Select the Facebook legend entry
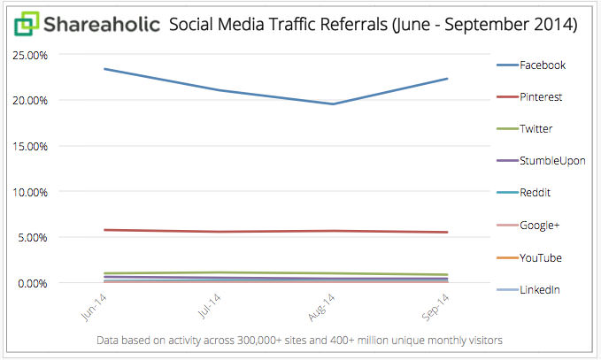tap(542, 65)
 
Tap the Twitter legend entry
tap(536, 129)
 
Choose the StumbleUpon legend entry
tap(551, 161)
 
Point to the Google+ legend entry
tap(540, 226)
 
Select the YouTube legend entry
tap(540, 257)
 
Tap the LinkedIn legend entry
tap(540, 289)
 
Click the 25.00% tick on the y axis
tap(30, 55)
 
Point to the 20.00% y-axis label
tap(30, 100)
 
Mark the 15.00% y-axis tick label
tap(30, 146)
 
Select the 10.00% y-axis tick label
tap(30, 192)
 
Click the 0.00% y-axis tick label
tap(33, 283)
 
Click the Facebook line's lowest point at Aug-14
tap(333, 103)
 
